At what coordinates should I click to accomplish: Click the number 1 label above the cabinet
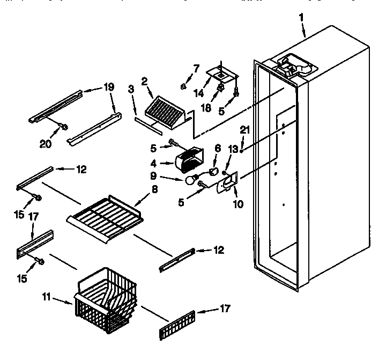point(301,17)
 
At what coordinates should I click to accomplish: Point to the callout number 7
point(196,68)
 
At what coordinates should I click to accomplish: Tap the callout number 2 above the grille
point(144,82)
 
